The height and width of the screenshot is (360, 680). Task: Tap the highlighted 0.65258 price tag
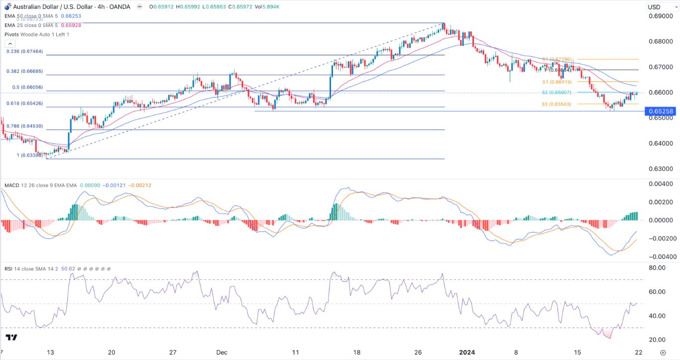tap(661, 112)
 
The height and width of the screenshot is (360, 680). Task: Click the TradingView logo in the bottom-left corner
tap(11, 338)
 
